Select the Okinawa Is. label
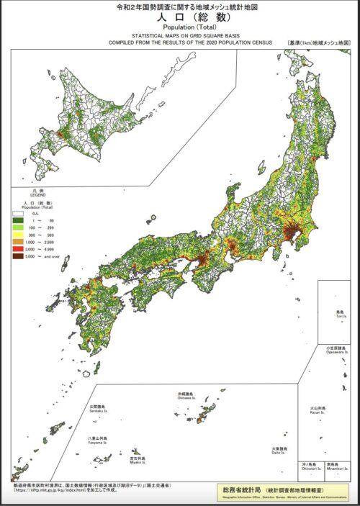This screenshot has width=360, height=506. [x=186, y=398]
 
